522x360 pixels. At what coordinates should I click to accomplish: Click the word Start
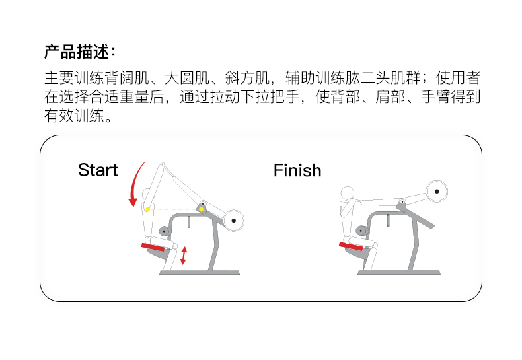98,170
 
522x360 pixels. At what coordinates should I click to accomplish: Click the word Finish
297,170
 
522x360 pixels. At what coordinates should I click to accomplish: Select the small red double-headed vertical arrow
184,256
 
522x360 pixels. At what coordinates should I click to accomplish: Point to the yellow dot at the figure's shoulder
147,209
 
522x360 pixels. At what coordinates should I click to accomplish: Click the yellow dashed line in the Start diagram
173,209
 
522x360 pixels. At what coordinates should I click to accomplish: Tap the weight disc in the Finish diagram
436,192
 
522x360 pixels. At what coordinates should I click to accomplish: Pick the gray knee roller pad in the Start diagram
164,231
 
